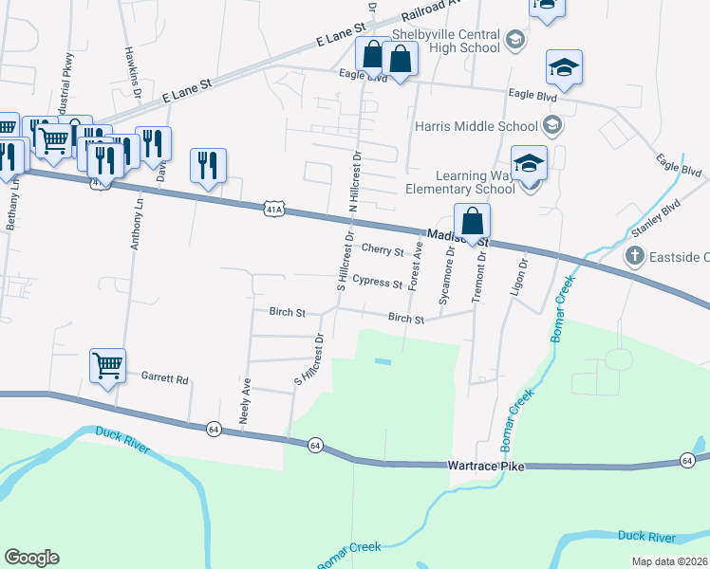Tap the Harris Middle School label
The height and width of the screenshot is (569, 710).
476,125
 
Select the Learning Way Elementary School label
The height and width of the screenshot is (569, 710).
475,182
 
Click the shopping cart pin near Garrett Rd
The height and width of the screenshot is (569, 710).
107,364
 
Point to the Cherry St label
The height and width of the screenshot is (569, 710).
383,250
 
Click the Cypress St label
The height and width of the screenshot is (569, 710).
377,282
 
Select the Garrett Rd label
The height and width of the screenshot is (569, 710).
165,377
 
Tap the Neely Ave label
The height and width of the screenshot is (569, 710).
245,400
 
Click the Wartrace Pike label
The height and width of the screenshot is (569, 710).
485,467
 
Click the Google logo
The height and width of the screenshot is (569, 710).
31,557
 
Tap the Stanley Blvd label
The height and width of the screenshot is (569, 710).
657,219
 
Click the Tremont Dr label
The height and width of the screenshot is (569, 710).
481,270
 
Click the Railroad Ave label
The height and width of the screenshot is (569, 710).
430,9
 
